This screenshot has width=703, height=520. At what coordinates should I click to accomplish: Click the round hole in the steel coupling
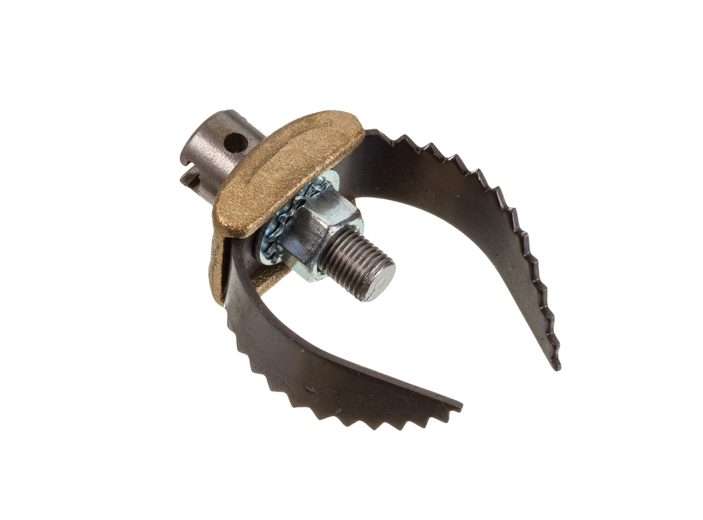pos(235,143)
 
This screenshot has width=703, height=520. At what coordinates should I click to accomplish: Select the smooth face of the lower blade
pos(309,357)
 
